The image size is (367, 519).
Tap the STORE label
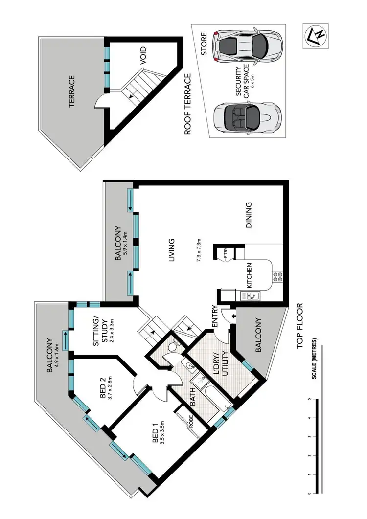coord(204,44)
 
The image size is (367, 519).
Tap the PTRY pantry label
coord(226,254)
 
